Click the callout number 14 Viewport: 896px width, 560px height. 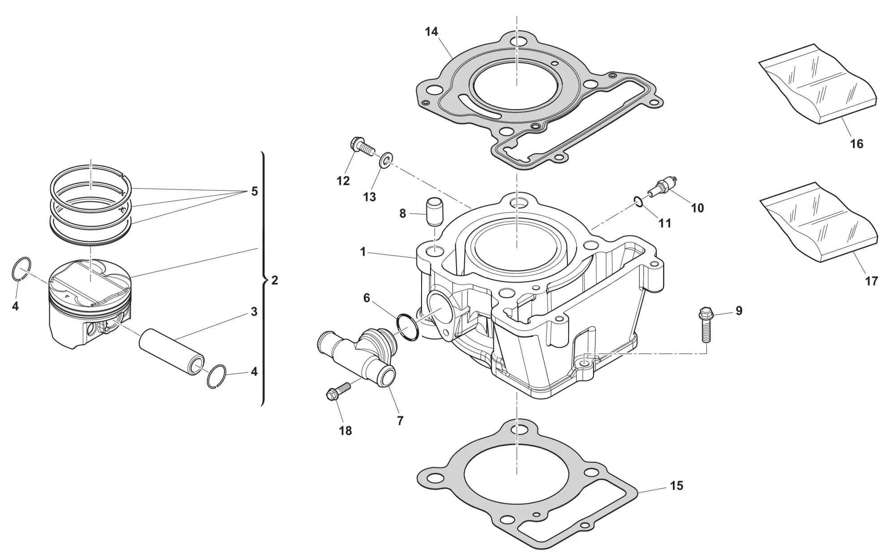tap(431, 32)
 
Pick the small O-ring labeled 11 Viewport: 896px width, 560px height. tap(640, 201)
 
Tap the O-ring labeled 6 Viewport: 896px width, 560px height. tap(407, 327)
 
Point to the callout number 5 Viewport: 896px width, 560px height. tap(254, 192)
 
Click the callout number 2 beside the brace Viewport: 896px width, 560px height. tap(275, 281)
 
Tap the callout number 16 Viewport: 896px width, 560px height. tap(856, 144)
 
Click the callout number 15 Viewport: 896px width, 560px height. tap(676, 486)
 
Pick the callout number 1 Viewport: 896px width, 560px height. tap(363, 252)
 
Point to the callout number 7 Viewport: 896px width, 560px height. tap(400, 421)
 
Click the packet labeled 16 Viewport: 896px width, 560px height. tap(818, 85)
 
